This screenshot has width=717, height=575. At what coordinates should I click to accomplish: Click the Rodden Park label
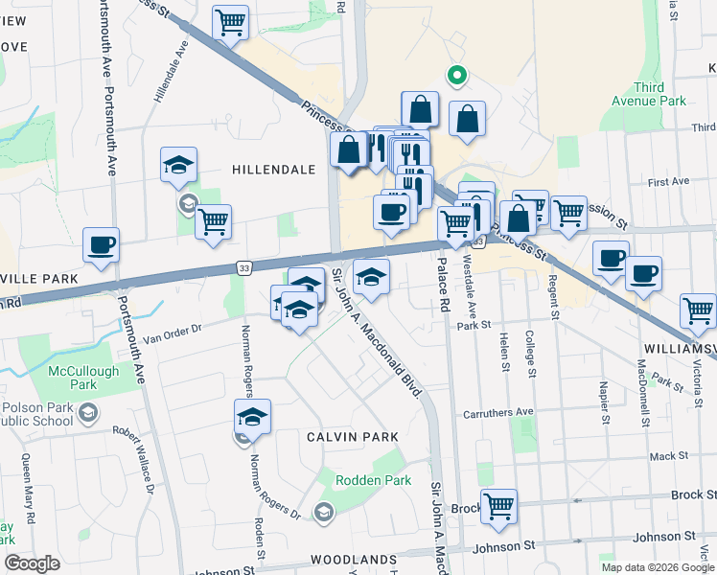[373, 480]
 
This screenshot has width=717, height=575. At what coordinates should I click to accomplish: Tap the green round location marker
[458, 73]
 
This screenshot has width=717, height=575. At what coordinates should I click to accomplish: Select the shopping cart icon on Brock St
[498, 505]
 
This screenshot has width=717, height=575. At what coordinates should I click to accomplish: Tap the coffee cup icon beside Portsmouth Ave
[102, 244]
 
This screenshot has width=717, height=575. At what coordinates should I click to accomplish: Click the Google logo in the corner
[32, 563]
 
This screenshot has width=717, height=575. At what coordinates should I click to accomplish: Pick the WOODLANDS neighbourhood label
[353, 559]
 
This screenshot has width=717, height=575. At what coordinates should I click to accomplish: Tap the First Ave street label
[668, 181]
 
